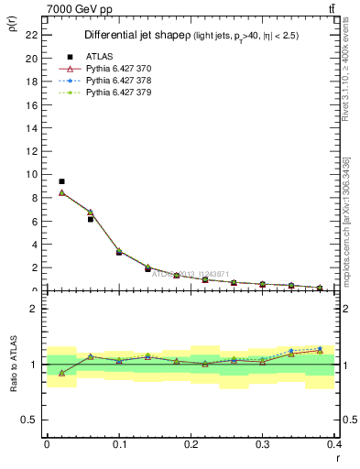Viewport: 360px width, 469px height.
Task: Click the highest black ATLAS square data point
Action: pos(61,181)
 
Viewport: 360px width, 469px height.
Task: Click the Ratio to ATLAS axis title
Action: pos(13,365)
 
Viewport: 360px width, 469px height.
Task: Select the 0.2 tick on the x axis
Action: pos(191,444)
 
